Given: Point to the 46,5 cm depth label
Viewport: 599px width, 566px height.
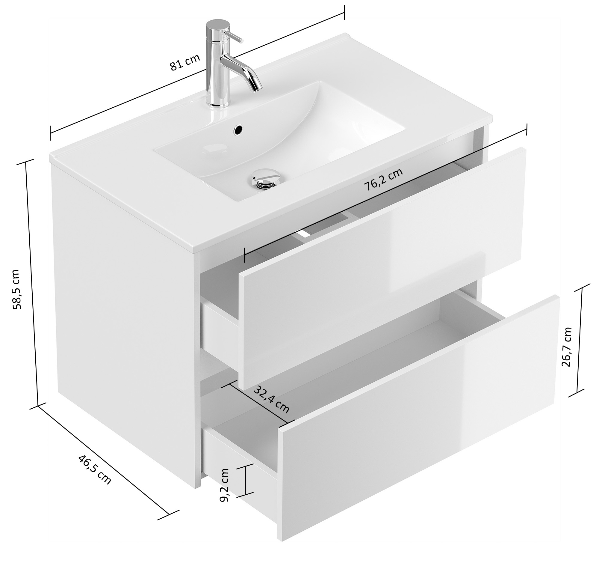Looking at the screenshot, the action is point(95,470).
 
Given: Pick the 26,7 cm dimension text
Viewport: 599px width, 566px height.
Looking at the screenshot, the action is point(566,347).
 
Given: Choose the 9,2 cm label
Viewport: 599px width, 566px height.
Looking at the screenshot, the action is point(224,485).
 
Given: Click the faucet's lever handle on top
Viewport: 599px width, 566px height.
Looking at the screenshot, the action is point(232,36).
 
